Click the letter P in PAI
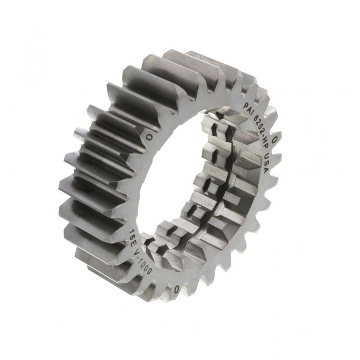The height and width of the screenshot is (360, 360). (245, 106)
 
